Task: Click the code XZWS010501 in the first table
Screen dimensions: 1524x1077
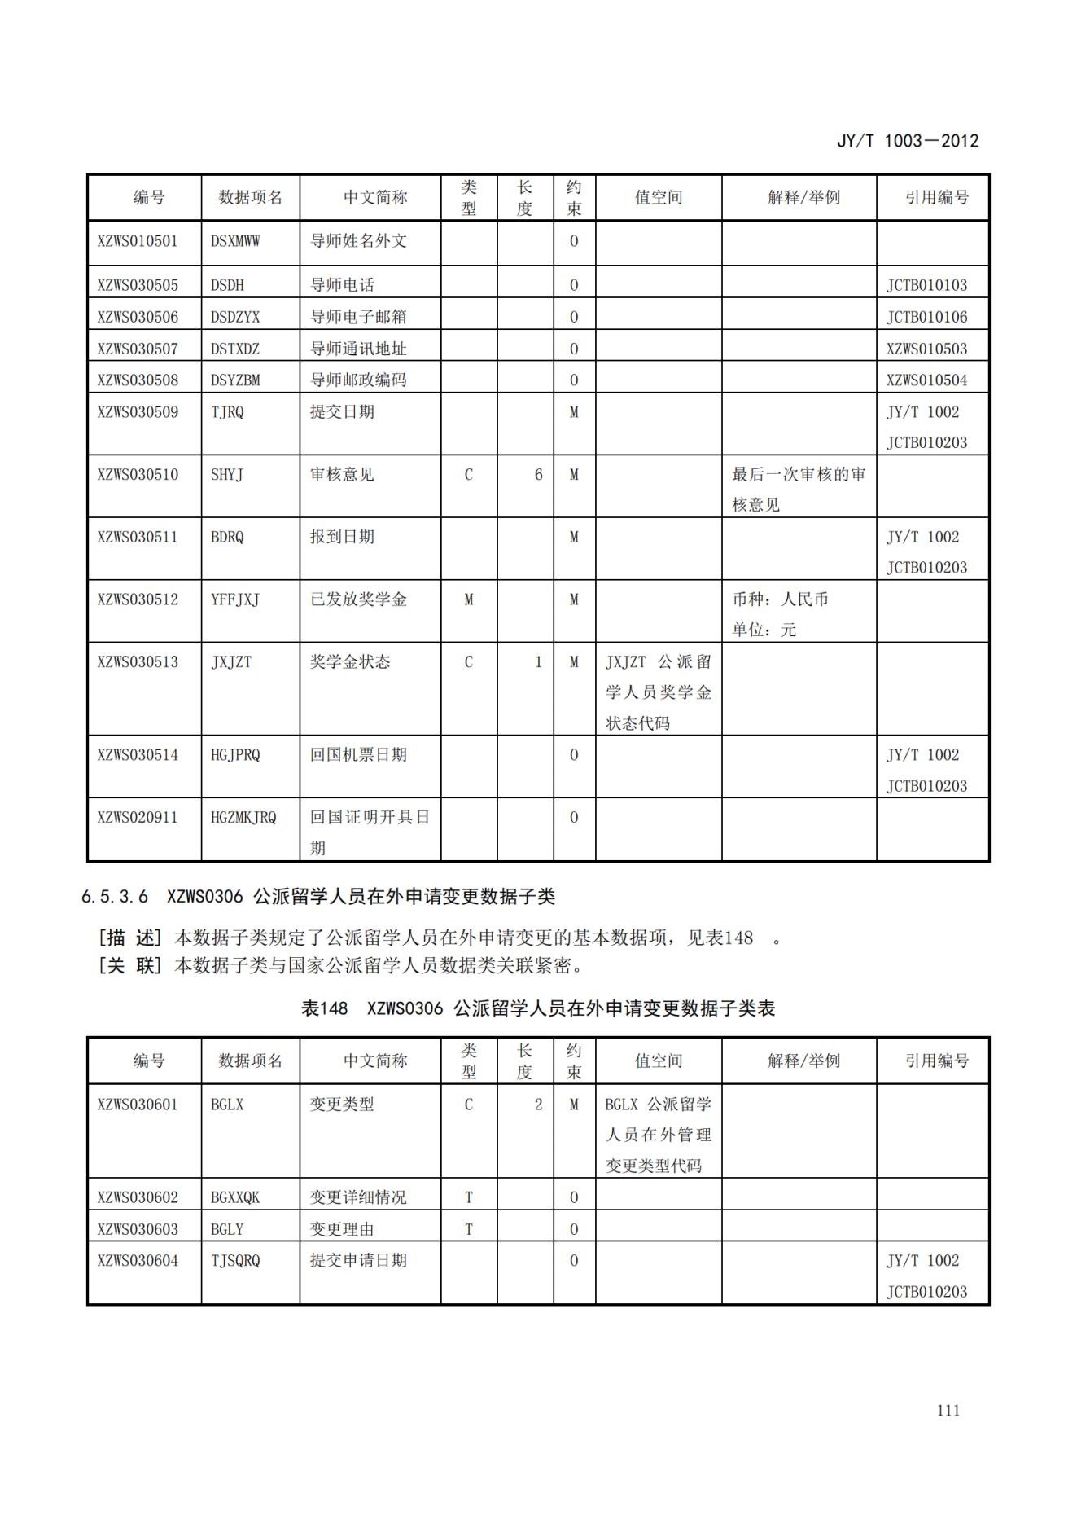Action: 137,241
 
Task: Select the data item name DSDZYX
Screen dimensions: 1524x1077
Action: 235,317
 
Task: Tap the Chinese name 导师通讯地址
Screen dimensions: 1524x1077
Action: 357,349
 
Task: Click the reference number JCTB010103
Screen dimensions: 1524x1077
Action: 926,285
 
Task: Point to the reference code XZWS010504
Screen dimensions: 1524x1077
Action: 926,380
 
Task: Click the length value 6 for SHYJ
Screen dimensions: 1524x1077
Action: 538,474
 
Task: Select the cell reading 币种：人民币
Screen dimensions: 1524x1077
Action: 780,599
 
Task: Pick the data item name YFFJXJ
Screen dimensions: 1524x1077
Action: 235,599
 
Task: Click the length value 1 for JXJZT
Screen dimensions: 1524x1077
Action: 538,661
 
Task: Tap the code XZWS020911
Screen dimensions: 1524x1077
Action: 137,817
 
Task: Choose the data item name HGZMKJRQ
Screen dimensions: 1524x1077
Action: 243,817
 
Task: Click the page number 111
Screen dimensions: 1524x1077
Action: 948,1411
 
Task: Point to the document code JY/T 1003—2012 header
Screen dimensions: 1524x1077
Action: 908,141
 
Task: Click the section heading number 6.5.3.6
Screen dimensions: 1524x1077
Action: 115,897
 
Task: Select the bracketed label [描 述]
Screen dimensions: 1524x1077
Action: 130,938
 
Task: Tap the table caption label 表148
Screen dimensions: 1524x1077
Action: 324,1008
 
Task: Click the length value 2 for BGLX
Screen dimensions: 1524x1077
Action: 538,1105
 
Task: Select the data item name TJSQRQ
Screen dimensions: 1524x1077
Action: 235,1261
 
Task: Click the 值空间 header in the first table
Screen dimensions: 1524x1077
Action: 658,197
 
